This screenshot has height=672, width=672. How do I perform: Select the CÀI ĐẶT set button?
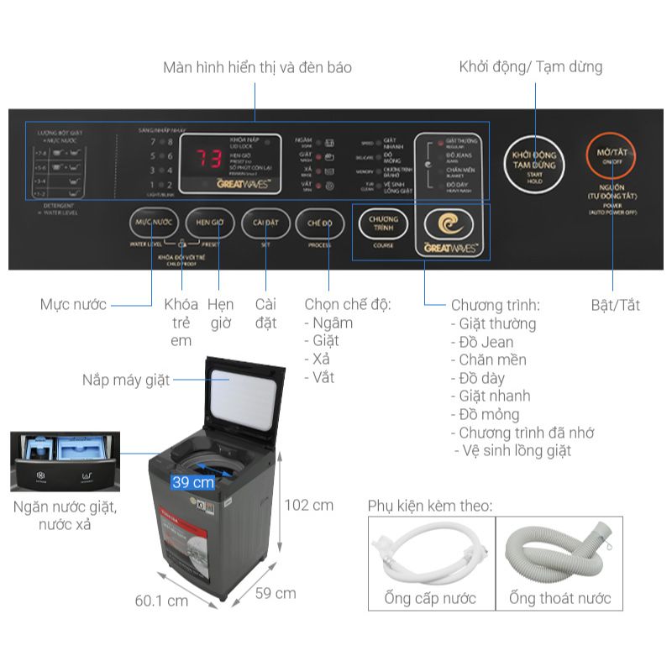click(x=265, y=223)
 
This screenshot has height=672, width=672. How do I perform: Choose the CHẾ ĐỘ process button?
click(x=320, y=223)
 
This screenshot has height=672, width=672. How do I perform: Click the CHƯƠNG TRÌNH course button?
click(x=383, y=224)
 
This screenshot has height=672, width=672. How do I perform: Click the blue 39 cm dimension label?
click(x=192, y=482)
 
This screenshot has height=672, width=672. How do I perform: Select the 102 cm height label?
click(x=308, y=505)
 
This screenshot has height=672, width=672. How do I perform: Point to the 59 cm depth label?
click(x=276, y=593)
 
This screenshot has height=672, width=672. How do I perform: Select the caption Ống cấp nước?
click(x=430, y=598)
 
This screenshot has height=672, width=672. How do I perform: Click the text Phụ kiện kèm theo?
click(x=430, y=506)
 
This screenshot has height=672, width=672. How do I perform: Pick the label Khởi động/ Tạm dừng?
click(x=530, y=67)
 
